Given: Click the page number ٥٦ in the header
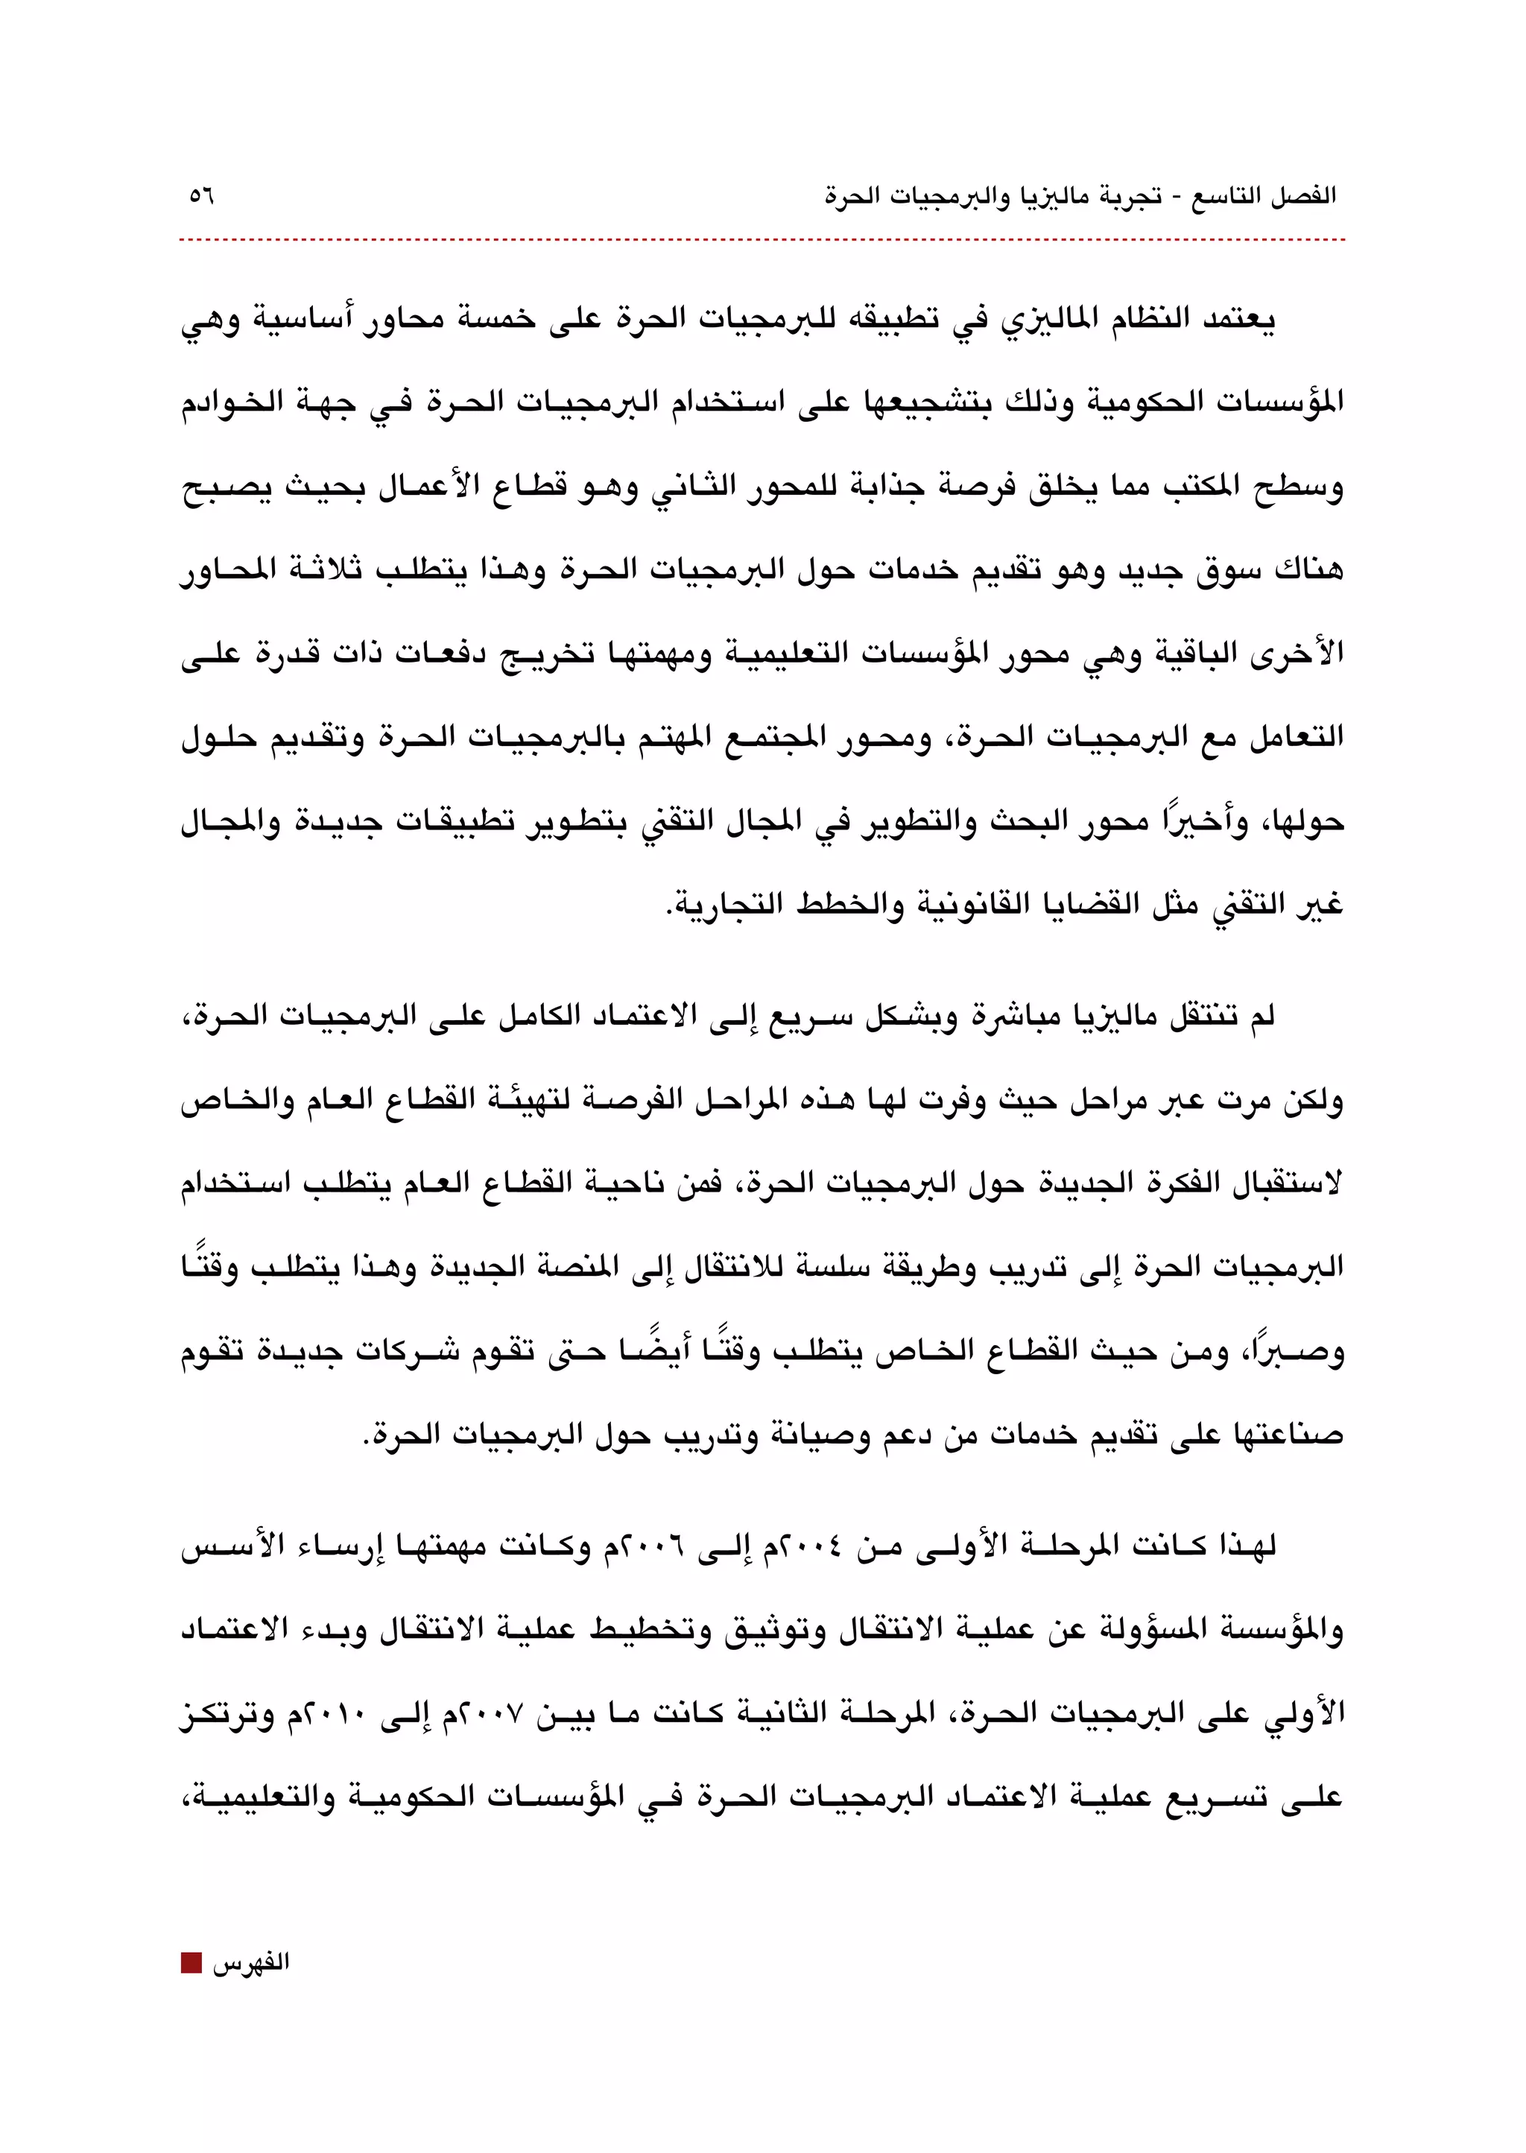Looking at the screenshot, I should coord(201,197).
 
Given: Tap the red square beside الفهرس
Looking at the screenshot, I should coord(191,1963).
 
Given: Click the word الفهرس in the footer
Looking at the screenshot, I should coord(251,1963).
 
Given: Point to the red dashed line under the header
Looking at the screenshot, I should coord(761,241).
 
